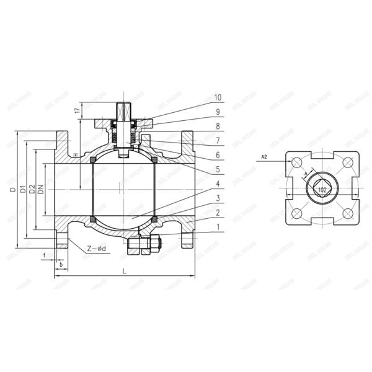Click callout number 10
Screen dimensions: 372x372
tap(218, 97)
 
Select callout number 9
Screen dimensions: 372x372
tap(218, 112)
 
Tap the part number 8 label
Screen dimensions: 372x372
tap(218, 126)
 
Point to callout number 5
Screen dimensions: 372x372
tap(218, 169)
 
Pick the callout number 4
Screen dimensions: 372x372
tap(218, 184)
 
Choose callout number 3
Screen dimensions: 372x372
tap(218, 198)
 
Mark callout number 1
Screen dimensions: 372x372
tap(218, 227)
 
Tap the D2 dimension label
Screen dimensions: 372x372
tap(32, 189)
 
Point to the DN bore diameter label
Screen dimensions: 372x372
tap(41, 189)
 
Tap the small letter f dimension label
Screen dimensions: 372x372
tap(45, 254)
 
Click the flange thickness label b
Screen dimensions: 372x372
tap(60, 264)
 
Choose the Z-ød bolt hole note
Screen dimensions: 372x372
tap(96, 249)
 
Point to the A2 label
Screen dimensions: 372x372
tap(263, 157)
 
